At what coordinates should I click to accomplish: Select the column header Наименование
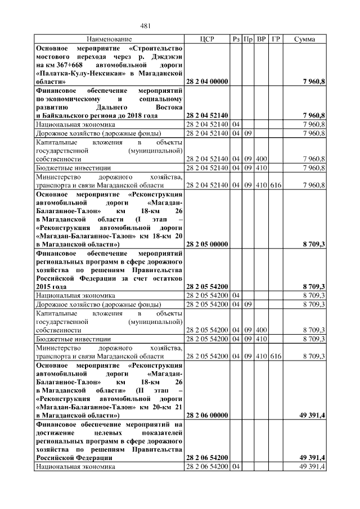coord(109,39)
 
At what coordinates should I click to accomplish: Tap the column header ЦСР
coord(206,39)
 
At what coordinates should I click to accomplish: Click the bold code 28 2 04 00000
coord(206,82)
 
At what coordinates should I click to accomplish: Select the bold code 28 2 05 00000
coord(206,245)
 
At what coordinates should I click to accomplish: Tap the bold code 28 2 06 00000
coord(206,416)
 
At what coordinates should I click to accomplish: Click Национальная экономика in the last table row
coord(75,467)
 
